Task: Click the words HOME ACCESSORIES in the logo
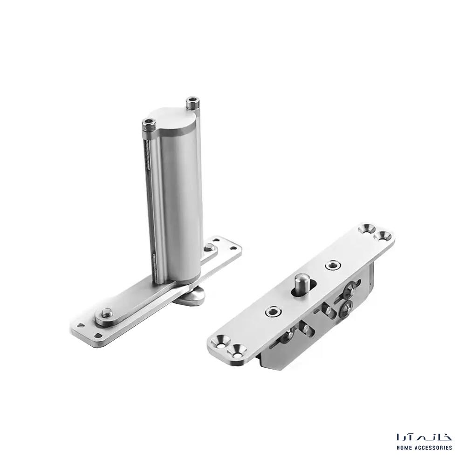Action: point(425,447)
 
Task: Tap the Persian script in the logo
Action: point(425,437)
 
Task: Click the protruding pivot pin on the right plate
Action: point(300,283)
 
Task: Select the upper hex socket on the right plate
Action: point(332,265)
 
